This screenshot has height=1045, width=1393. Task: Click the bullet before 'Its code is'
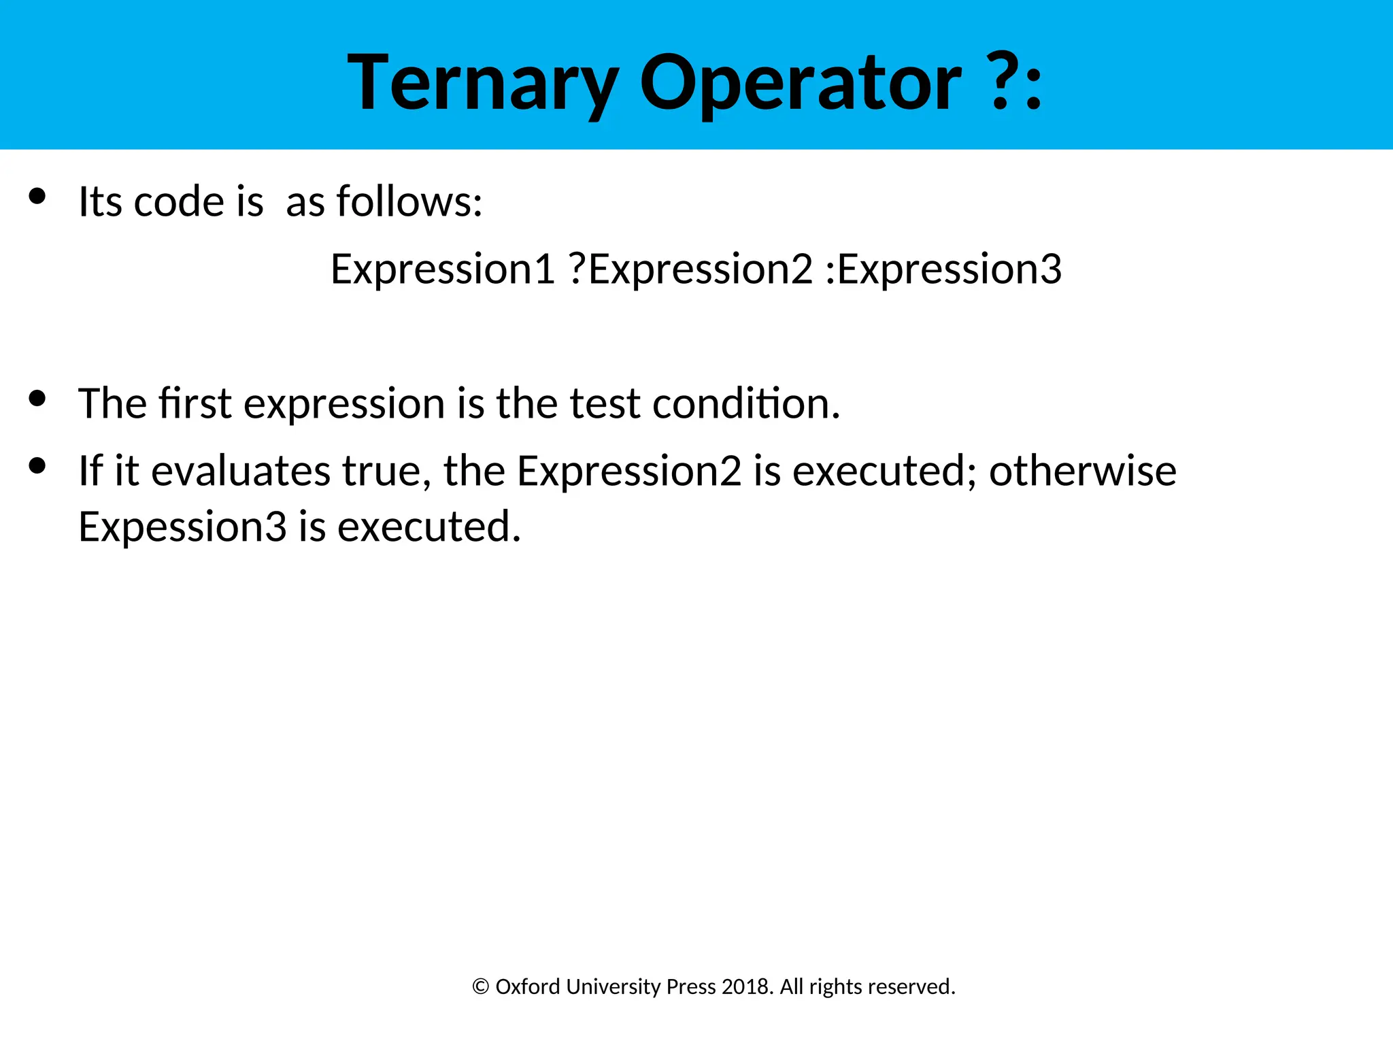37,197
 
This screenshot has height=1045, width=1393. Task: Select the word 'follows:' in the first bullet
409,201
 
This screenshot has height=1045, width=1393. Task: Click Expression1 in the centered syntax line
443,269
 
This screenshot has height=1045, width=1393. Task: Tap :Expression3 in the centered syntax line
943,269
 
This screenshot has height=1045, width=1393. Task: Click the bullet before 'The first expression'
37,398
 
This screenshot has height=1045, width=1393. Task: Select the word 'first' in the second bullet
195,403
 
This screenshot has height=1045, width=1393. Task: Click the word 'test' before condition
605,403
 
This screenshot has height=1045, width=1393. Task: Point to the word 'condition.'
746,403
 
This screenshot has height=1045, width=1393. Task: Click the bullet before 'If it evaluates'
37,465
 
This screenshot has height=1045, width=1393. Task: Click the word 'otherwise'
1082,471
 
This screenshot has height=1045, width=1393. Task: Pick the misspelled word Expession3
182,527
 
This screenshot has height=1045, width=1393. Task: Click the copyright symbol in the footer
480,987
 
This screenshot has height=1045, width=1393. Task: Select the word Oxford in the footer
527,986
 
